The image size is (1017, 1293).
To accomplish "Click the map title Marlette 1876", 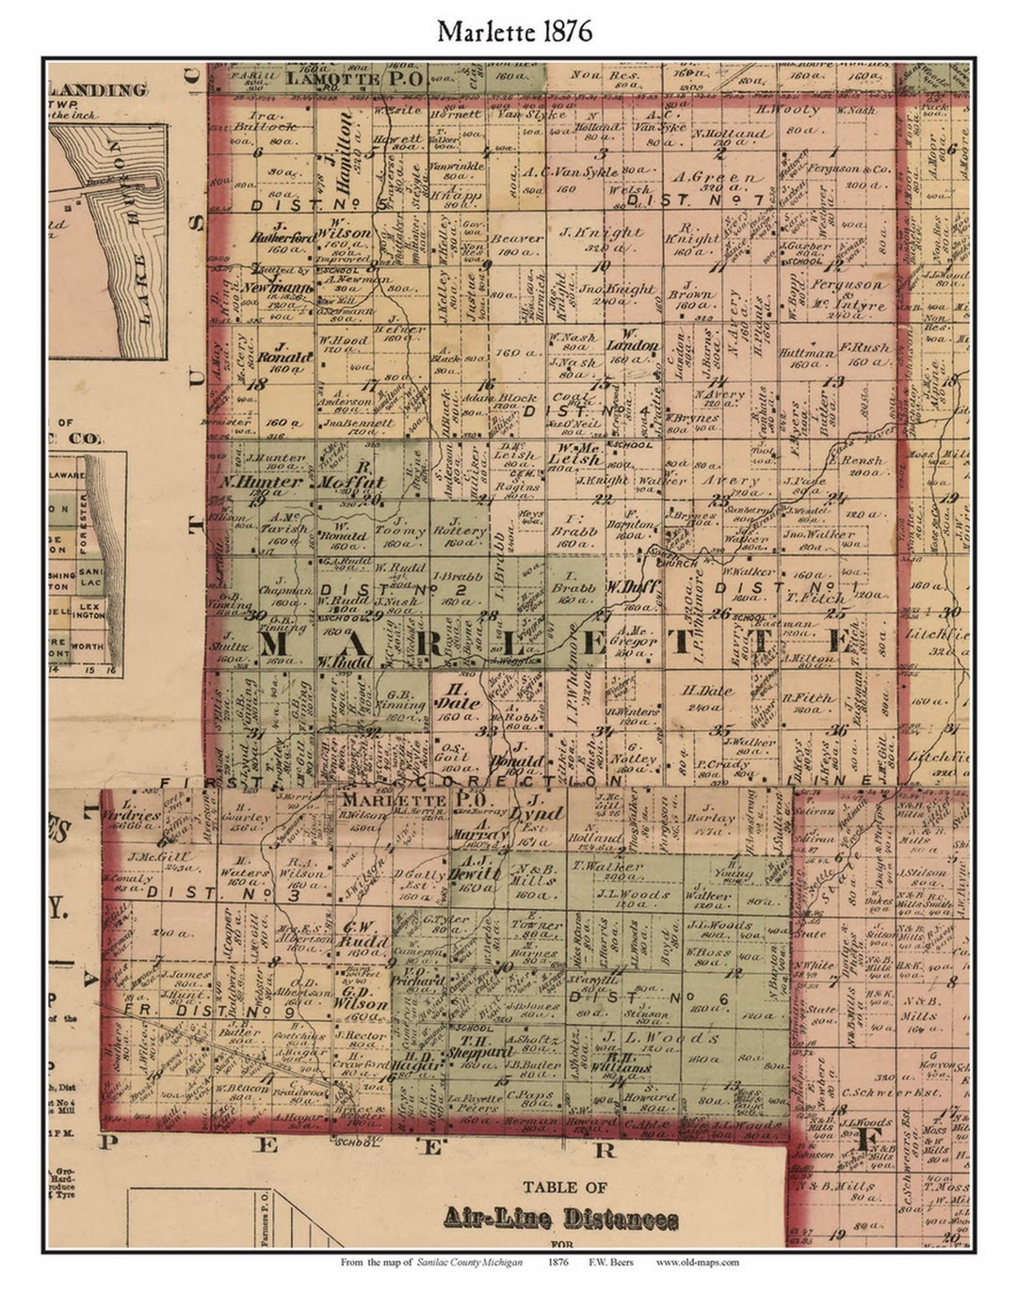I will (x=514, y=31).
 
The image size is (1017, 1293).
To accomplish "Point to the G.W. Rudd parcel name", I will (x=357, y=932).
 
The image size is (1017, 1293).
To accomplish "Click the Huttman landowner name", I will (x=808, y=354).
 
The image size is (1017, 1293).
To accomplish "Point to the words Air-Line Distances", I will (x=560, y=1220).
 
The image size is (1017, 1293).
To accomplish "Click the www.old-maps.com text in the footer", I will (x=697, y=1263).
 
